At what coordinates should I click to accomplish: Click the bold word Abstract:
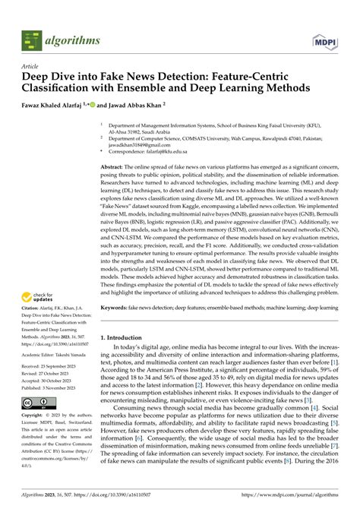(112, 165)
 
